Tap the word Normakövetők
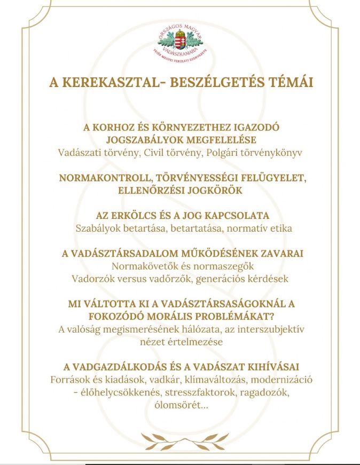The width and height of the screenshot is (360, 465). point(142,266)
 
